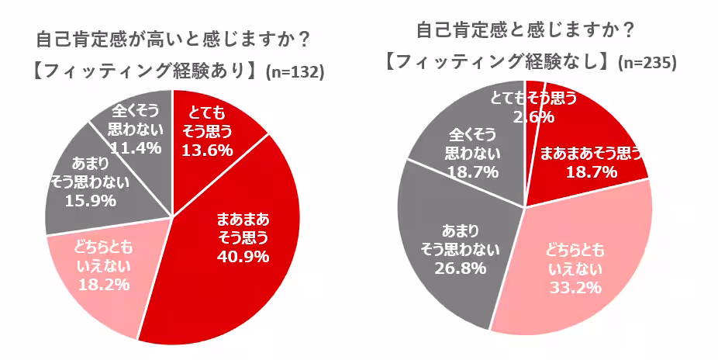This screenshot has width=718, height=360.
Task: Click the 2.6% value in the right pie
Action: pos(533,117)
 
